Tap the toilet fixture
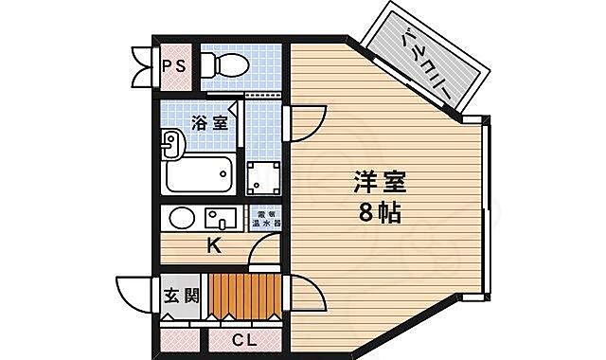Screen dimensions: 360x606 (225, 64)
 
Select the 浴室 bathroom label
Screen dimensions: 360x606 (208, 122)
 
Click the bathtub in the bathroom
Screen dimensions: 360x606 (200, 175)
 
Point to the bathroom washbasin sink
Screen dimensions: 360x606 (171, 147)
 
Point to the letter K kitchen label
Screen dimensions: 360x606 (214, 248)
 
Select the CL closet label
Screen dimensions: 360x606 (244, 338)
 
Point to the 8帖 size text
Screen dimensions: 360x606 (380, 212)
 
